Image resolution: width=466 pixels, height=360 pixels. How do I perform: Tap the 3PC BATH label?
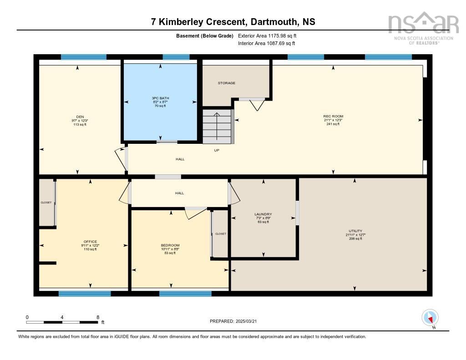[160, 98]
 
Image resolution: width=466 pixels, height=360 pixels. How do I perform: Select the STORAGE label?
[226, 83]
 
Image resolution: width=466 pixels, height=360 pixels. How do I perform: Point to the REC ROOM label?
[333, 117]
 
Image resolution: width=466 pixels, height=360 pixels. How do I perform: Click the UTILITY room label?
[355, 231]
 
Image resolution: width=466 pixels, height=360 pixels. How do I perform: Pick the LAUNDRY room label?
[263, 214]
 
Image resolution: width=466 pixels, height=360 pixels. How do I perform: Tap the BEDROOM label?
[170, 245]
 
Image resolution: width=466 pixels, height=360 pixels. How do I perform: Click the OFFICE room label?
[90, 242]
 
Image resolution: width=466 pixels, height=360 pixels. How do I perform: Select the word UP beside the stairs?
[217, 150]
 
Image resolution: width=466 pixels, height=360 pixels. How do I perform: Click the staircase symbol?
[218, 126]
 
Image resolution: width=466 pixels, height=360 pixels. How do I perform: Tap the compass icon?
[430, 317]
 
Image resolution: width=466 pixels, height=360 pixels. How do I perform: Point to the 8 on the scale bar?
[97, 317]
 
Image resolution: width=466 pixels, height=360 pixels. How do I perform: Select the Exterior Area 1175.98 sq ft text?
[267, 35]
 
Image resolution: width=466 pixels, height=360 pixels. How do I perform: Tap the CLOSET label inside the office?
[46, 203]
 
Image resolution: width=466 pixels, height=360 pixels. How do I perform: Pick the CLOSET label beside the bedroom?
[221, 234]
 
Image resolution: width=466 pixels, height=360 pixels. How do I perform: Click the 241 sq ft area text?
[333, 124]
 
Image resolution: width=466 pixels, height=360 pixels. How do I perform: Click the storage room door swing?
[258, 105]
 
